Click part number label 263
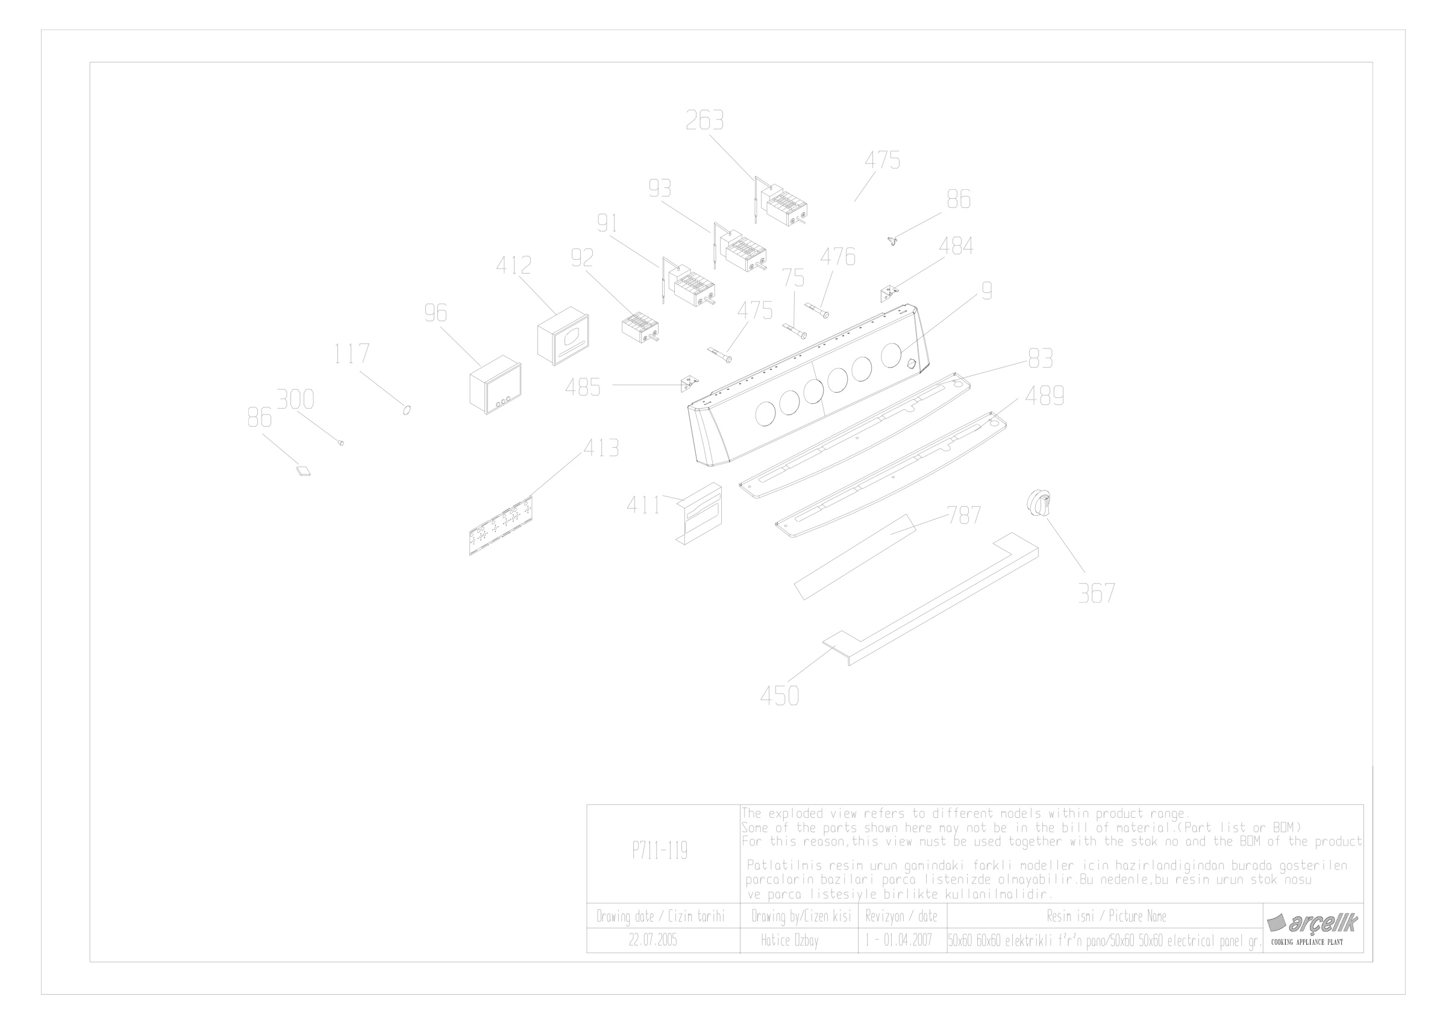(705, 121)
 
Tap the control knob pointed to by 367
(1040, 504)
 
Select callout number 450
(780, 697)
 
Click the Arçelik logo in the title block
(1312, 923)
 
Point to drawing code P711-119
(660, 851)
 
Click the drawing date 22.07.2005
(653, 941)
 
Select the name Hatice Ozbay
(790, 941)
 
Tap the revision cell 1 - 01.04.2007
(899, 941)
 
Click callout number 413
(601, 448)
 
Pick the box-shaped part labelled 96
(496, 384)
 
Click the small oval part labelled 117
(407, 410)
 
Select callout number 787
(964, 515)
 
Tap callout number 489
(1045, 396)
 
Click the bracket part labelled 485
(690, 383)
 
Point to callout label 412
(514, 266)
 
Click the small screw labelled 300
(341, 444)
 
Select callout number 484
(956, 246)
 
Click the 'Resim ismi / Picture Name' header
(1107, 916)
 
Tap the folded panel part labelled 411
(699, 514)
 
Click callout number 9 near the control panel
(987, 291)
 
